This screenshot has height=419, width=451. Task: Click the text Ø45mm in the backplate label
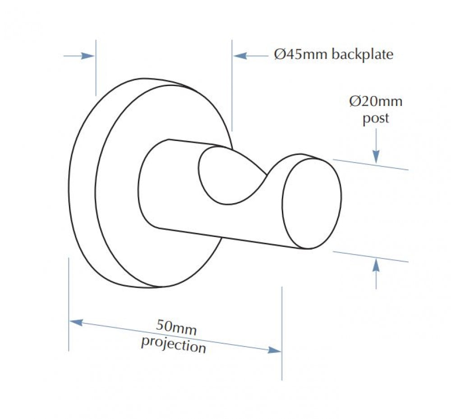[x=300, y=55]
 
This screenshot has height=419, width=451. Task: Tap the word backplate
[x=363, y=55]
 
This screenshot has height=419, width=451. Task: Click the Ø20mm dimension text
[x=376, y=101]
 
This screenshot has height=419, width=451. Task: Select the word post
[x=375, y=118]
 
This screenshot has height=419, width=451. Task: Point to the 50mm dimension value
[x=176, y=327]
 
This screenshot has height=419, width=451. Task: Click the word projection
[x=174, y=345]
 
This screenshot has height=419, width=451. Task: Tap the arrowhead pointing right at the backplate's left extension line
[x=88, y=56]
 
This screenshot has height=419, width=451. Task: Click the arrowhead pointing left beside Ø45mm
[x=240, y=56]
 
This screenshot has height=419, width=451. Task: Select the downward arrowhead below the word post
[x=376, y=157]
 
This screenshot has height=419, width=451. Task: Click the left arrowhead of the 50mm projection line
[x=76, y=323]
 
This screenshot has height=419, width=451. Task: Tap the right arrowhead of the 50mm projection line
[x=274, y=350]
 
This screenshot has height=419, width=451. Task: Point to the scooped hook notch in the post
[x=230, y=176]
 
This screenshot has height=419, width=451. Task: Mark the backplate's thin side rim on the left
[x=82, y=184]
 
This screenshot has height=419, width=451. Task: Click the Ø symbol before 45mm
[x=279, y=55]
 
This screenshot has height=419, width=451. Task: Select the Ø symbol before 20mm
[x=354, y=101]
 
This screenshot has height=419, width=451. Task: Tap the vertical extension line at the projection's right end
[x=282, y=333]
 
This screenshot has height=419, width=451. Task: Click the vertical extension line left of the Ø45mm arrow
[x=232, y=86]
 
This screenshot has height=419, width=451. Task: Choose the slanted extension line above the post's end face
[x=371, y=164]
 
